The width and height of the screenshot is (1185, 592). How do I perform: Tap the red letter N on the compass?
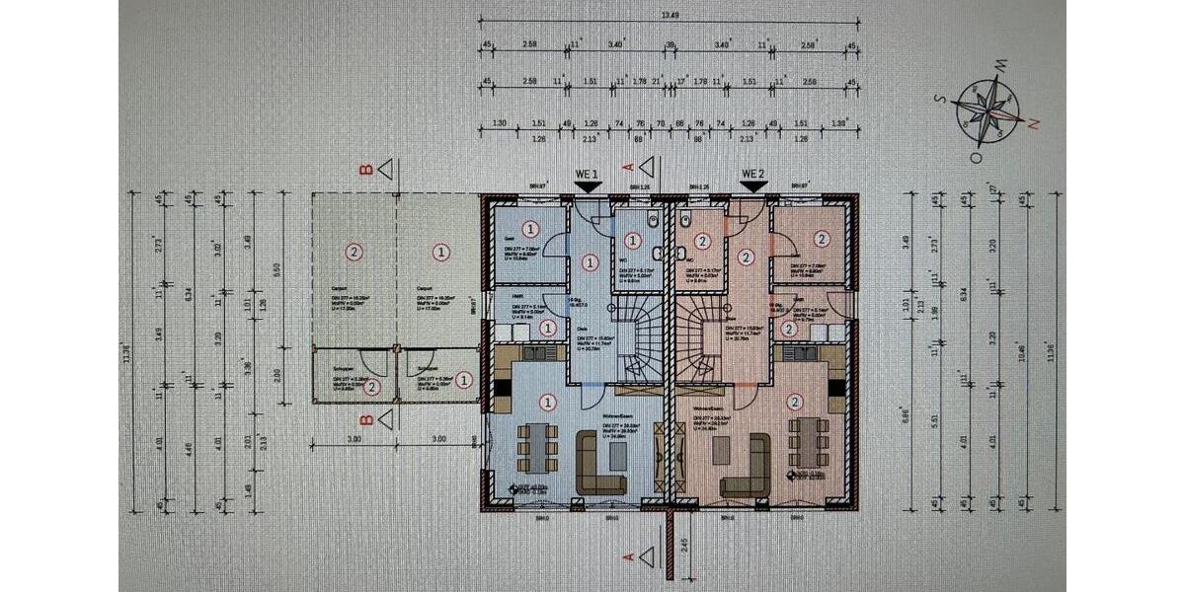point(1034,123)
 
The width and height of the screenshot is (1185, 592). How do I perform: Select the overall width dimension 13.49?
point(671,16)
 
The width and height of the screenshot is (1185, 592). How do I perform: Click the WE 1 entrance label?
point(588,174)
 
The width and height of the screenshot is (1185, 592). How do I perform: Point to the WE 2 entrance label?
point(753,174)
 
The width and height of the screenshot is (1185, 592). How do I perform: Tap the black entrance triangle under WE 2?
point(753,186)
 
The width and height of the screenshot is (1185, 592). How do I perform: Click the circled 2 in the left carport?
point(354,252)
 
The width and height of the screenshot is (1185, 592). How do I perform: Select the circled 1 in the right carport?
point(439,252)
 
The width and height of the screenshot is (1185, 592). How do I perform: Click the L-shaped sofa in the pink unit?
point(746,463)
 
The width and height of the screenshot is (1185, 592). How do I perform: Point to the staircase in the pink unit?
point(702,340)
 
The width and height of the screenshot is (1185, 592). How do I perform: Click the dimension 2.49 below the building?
point(684,544)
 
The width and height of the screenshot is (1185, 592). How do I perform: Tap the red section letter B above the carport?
point(366,170)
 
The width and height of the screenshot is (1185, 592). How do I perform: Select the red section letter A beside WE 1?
point(627,168)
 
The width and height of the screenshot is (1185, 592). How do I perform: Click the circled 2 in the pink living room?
point(795,402)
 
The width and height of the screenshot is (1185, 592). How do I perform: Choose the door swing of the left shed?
point(370,360)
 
